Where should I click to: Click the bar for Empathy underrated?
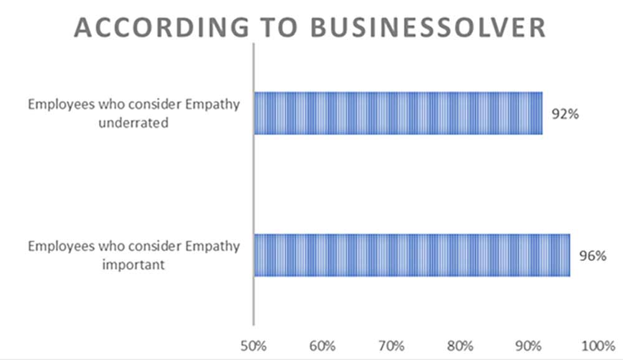[398, 113]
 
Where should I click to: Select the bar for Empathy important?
[412, 255]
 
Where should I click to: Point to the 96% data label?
[593, 256]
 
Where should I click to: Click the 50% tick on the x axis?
[254, 344]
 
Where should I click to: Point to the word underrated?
[137, 123]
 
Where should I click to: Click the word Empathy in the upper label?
[214, 104]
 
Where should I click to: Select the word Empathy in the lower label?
[214, 246]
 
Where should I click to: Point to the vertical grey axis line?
[254, 187]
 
